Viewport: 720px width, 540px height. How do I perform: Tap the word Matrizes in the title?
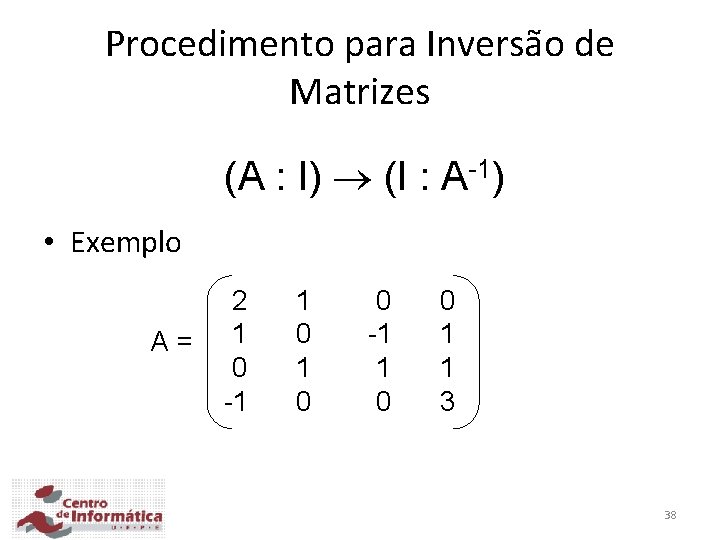click(360, 93)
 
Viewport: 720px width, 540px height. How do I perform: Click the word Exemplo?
click(126, 243)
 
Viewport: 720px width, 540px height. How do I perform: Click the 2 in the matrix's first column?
click(239, 300)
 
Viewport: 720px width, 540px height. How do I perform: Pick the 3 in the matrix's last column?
click(447, 402)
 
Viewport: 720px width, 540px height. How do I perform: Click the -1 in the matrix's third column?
click(378, 334)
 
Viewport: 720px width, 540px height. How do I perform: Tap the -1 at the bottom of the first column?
click(235, 402)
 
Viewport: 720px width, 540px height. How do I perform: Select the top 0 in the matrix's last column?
click(447, 300)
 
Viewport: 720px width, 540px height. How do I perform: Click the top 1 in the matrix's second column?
click(304, 300)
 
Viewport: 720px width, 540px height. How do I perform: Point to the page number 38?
click(670, 515)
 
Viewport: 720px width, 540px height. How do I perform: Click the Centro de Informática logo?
click(88, 508)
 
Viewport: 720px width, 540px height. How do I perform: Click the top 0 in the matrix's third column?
click(383, 300)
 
